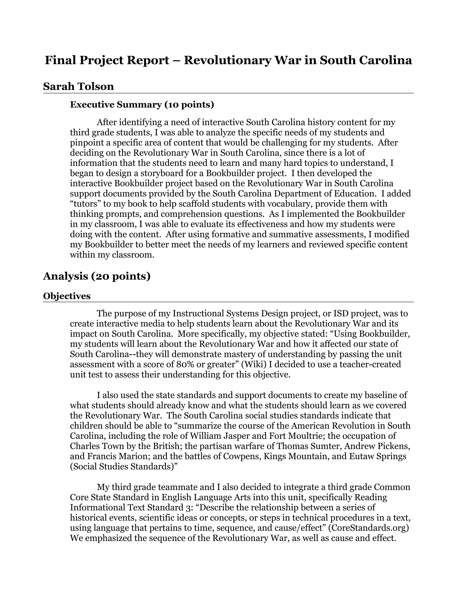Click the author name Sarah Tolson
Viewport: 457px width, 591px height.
[78, 86]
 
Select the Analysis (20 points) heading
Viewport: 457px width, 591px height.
[97, 276]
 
